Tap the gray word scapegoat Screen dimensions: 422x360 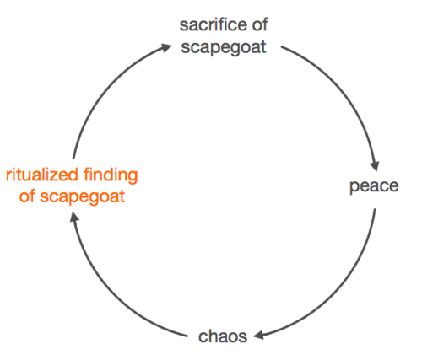[x=224, y=47]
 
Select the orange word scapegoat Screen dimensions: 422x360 [x=82, y=196]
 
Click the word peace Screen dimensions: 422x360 [x=374, y=186]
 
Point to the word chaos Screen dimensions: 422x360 [x=223, y=336]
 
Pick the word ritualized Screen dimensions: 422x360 [x=42, y=175]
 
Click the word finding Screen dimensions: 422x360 [x=111, y=176]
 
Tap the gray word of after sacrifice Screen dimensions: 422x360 [x=260, y=24]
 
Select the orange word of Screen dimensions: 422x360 [x=27, y=196]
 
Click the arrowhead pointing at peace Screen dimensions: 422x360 [x=376, y=166]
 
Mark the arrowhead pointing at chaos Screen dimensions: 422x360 [x=258, y=335]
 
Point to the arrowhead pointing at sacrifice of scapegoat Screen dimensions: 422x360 [x=166, y=47]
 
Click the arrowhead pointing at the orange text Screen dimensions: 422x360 [x=74, y=217]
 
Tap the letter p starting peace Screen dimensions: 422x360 [x=354, y=187]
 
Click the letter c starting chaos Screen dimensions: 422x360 [x=203, y=338]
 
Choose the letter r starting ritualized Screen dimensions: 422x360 [x=8, y=176]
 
